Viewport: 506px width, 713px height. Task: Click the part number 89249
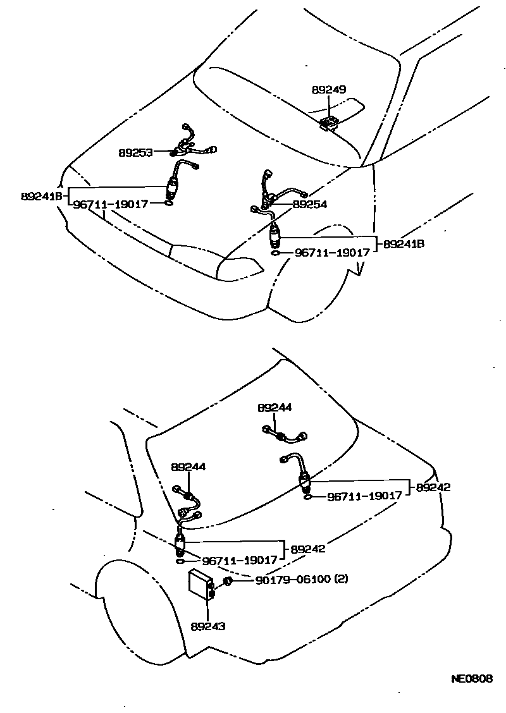point(328,90)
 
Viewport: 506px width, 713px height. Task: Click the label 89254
point(309,205)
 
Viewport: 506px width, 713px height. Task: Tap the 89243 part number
point(208,626)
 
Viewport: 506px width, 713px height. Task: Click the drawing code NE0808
point(471,679)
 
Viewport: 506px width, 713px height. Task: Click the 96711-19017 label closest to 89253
point(111,204)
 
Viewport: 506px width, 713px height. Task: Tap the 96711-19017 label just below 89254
point(332,252)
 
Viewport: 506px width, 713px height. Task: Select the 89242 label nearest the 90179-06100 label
point(308,549)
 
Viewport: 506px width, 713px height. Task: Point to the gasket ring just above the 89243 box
point(180,561)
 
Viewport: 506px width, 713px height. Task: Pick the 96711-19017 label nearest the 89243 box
point(240,560)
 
